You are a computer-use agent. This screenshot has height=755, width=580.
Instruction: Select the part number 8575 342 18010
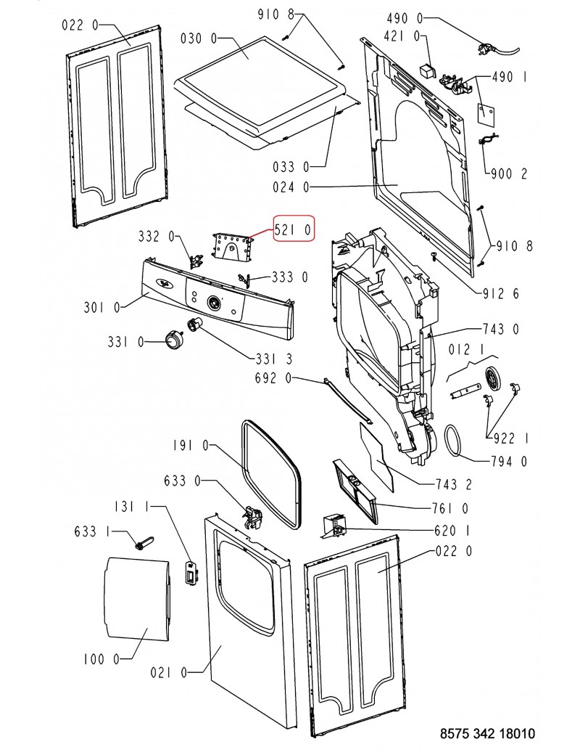pos(487,734)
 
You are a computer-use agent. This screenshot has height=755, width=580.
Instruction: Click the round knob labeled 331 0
pos(175,338)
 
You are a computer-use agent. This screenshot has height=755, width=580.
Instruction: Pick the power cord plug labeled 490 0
pos(482,49)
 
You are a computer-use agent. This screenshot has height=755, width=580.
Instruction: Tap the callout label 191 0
pos(190,446)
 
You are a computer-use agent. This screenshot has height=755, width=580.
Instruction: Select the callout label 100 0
pos(99,659)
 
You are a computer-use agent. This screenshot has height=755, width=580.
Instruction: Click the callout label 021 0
pos(169,673)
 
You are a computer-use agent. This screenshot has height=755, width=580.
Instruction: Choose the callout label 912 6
pos(500,293)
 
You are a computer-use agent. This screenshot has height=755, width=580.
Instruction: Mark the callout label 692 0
pos(273,378)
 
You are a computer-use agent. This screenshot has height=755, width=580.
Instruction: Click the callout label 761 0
pos(450,508)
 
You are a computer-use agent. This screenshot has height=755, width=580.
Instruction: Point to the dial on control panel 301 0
pos(213,303)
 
